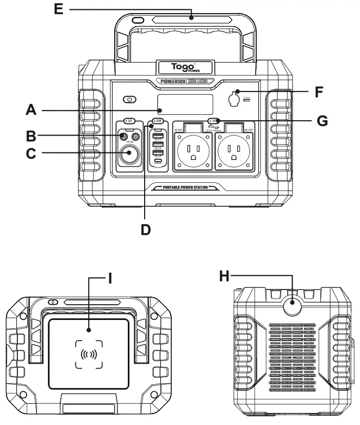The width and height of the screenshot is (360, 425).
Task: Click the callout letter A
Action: (32, 112)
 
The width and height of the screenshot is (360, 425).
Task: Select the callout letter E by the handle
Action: (58, 9)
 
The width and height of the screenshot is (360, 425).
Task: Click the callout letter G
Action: (322, 121)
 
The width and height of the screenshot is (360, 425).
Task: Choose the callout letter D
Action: (145, 229)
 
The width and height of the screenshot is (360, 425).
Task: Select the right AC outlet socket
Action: (234, 152)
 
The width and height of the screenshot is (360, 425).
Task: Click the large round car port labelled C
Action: (129, 153)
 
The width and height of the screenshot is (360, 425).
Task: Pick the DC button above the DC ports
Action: (129, 120)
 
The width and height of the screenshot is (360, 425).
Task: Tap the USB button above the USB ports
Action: (158, 120)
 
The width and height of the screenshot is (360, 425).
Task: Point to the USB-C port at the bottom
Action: (158, 160)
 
